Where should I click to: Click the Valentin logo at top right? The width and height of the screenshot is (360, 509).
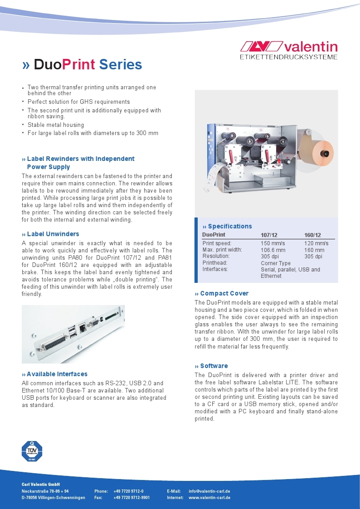coord(288,50)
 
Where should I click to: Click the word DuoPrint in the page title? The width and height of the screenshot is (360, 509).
coord(64,65)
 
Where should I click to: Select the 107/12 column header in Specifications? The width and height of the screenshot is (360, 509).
coord(269,235)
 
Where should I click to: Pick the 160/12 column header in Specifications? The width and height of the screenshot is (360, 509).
coord(312,235)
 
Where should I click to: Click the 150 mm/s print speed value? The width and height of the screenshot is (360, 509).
coord(272,243)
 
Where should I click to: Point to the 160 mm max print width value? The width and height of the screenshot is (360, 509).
coord(314,250)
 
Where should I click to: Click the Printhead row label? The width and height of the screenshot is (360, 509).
coord(214,263)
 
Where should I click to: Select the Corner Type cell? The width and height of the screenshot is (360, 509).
coord(276,263)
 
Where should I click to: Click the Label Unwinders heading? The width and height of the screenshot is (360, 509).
coord(53,234)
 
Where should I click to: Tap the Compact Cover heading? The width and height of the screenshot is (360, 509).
coord(224,293)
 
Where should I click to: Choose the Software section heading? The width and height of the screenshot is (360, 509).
coord(214,366)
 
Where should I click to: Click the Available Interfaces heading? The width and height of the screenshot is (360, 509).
coord(57,374)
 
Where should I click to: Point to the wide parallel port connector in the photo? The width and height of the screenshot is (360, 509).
coord(52,344)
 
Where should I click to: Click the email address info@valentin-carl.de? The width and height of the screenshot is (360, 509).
coord(209,491)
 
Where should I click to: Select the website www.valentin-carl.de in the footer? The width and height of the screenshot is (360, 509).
coord(209,498)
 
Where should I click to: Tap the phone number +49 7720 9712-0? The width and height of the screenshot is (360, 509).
coord(128,491)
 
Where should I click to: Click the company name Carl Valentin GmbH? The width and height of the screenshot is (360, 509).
coord(41,485)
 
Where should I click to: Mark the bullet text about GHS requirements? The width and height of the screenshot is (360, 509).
coord(78,102)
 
